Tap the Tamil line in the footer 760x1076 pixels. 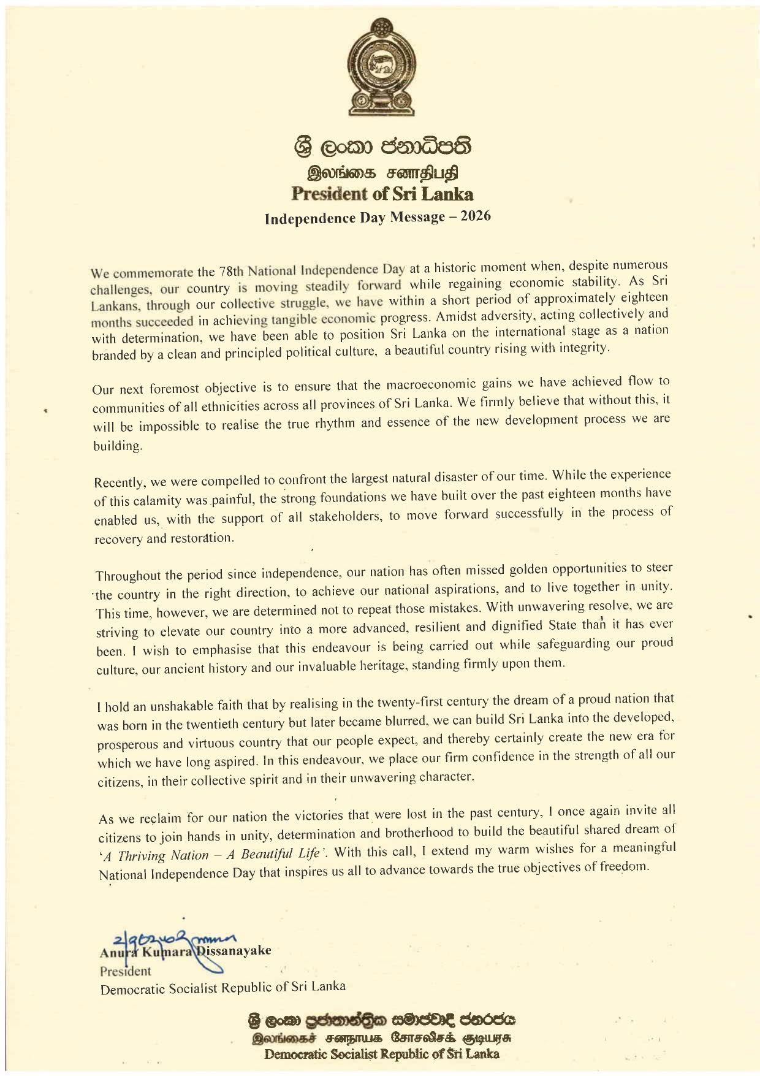tap(380, 1039)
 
